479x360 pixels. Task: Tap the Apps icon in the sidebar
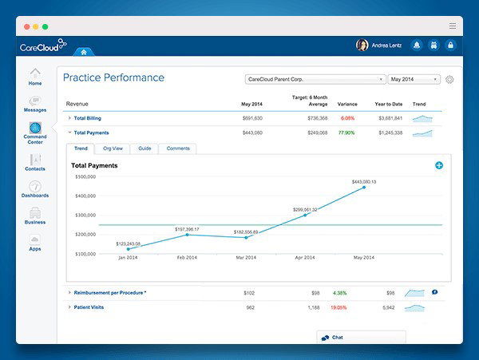point(35,240)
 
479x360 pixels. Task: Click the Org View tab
point(113,148)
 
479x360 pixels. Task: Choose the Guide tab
point(144,148)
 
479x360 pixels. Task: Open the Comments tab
point(178,148)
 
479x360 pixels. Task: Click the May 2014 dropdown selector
point(414,79)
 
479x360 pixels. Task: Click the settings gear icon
point(449,80)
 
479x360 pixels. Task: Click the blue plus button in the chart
point(439,165)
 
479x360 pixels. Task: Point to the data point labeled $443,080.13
point(365,188)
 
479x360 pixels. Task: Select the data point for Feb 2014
point(187,235)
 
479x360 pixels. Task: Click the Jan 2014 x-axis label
point(128,259)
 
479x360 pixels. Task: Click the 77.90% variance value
point(346,133)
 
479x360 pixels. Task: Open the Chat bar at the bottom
point(360,338)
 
